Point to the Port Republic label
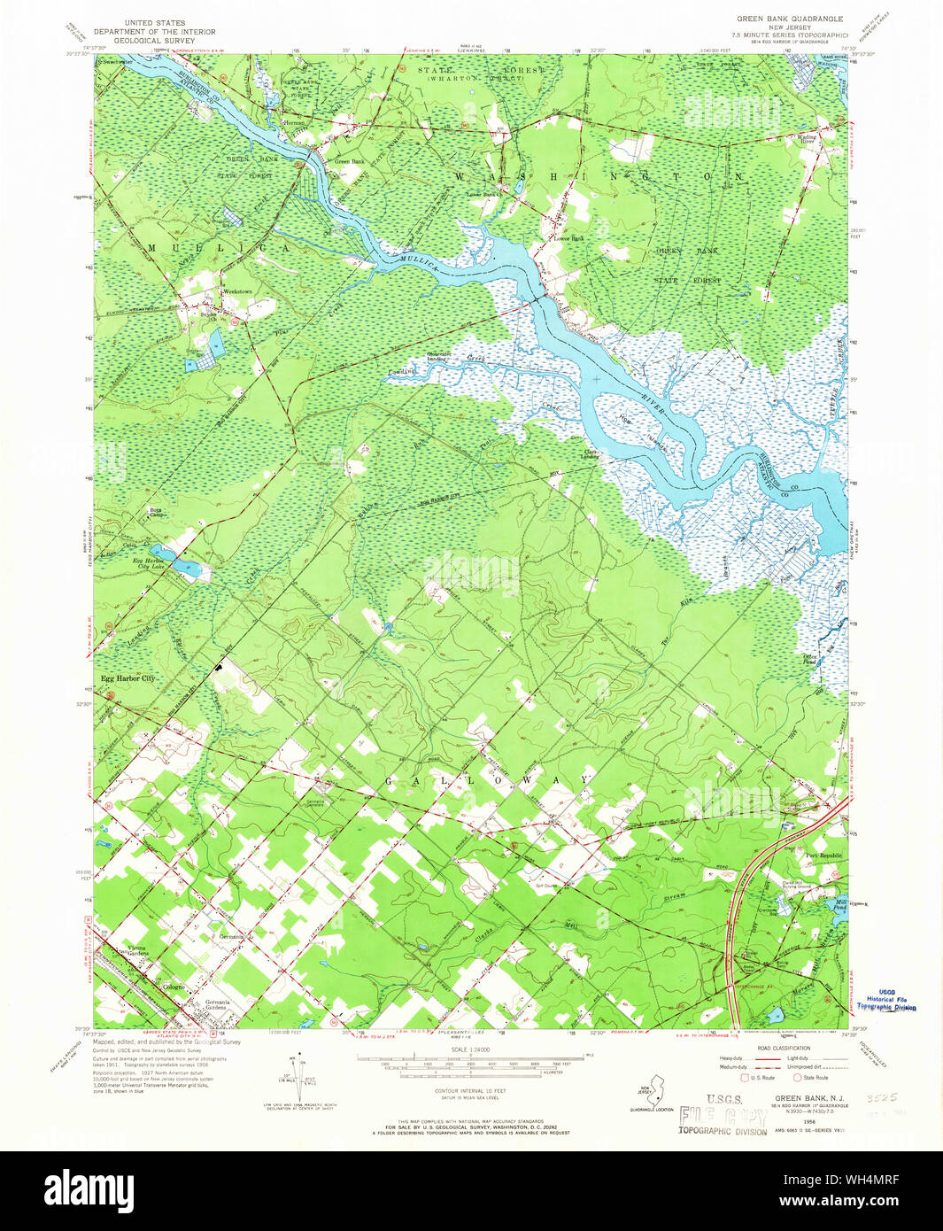click(823, 856)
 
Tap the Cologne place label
click(173, 987)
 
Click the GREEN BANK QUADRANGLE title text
click(790, 19)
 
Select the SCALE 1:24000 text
click(471, 1049)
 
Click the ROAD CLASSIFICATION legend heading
click(784, 1049)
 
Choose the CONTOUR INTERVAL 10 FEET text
click(471, 1090)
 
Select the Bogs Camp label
click(156, 512)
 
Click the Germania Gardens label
click(216, 1005)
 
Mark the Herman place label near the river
click(293, 122)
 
